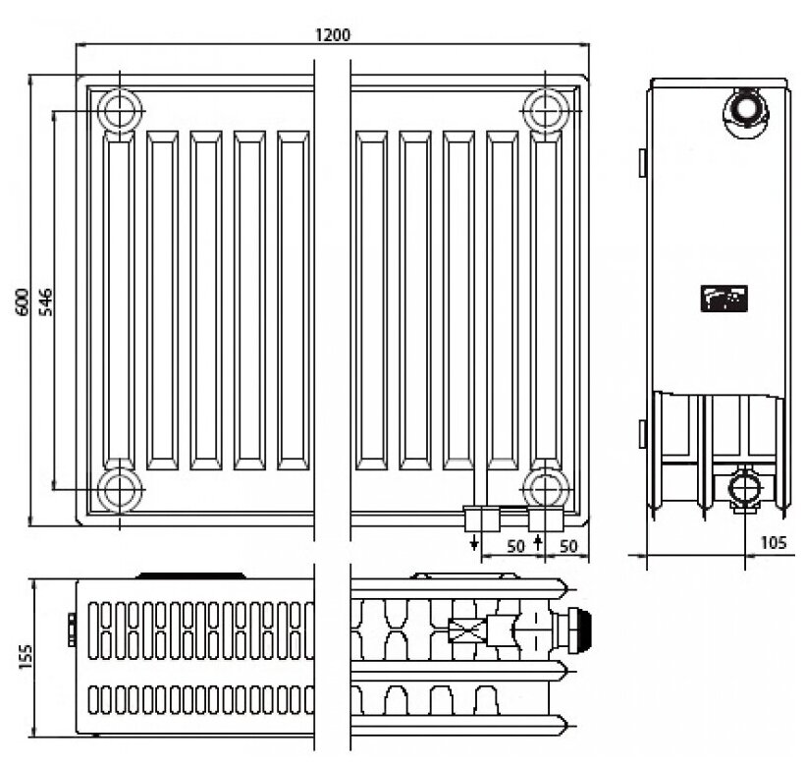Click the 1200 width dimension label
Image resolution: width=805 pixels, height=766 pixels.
click(x=332, y=34)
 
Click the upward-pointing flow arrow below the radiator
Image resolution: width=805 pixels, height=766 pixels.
click(x=537, y=541)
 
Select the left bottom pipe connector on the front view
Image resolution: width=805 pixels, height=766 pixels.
click(x=480, y=518)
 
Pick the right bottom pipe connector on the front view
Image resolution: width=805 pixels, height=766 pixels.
click(x=544, y=518)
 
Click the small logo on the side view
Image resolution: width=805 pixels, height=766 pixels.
click(x=724, y=296)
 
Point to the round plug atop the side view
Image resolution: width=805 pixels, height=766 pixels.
click(x=743, y=106)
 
